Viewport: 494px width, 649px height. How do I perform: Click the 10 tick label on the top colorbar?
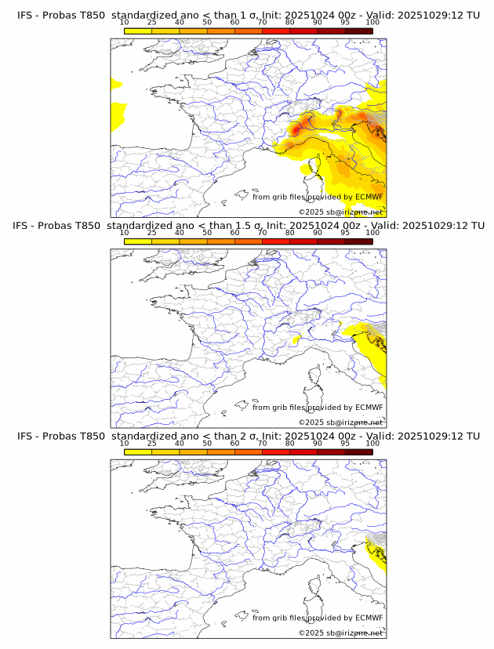coord(124,22)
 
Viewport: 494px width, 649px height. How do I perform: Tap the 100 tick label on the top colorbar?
coord(372,22)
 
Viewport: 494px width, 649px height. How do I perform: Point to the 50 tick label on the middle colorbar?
coord(207,233)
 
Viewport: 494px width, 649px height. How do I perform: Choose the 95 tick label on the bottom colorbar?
coord(344,443)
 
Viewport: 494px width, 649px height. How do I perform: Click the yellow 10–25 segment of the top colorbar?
coord(138,31)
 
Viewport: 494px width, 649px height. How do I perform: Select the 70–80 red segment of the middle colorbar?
coord(276,241)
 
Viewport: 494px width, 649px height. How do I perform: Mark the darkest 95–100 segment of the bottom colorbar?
coord(359,451)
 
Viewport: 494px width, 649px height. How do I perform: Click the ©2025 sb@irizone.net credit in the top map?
coord(340,212)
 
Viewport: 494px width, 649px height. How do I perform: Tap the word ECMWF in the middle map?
coord(369,407)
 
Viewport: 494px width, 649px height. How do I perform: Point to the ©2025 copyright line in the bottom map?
coord(340,633)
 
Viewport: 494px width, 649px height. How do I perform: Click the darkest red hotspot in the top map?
coord(296,129)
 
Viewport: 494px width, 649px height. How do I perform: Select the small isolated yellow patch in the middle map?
coord(297,340)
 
